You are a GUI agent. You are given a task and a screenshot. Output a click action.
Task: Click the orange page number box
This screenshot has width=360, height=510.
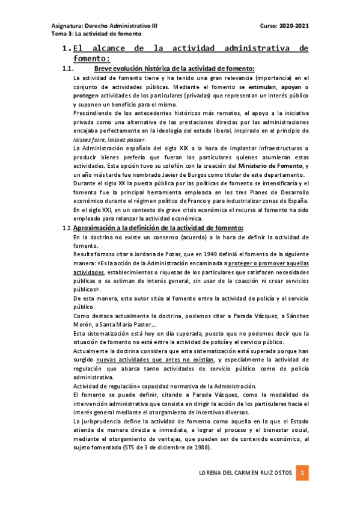304,473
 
